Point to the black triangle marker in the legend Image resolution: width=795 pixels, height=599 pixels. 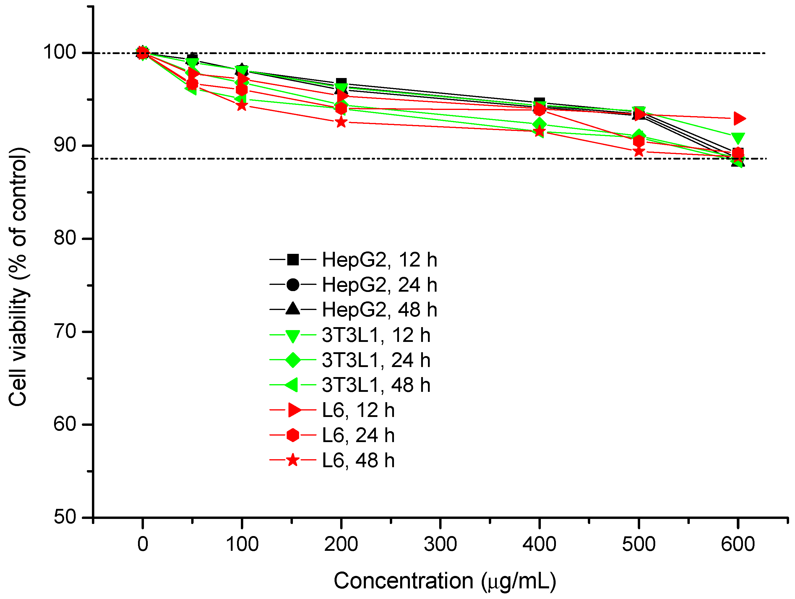[293, 309]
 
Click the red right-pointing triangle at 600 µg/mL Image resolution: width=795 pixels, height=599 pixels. [739, 118]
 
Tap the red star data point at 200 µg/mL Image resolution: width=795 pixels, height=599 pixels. [341, 122]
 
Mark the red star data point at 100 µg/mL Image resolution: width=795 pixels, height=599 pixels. [242, 105]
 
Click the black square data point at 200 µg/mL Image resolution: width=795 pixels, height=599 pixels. [341, 83]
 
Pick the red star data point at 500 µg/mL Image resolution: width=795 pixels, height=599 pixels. [639, 151]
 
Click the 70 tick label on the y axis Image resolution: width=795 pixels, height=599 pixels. [65, 331]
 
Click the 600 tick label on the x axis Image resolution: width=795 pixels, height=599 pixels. [737, 544]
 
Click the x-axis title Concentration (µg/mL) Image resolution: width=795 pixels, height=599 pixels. [444, 581]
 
